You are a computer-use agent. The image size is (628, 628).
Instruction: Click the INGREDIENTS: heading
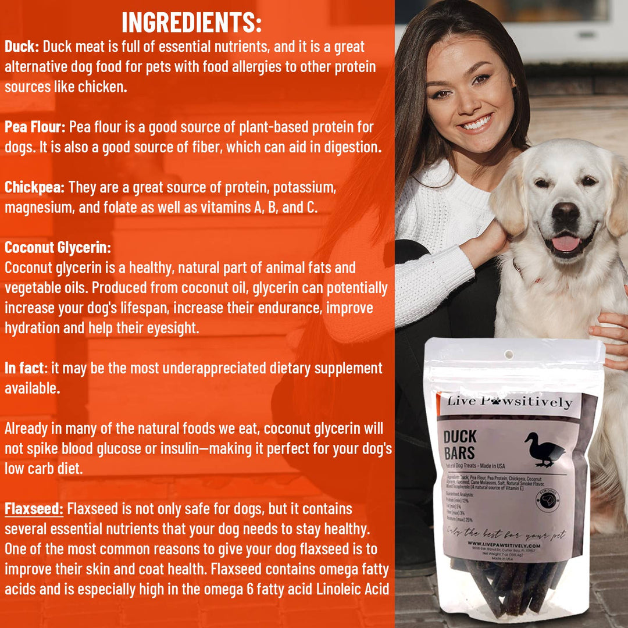[191, 22]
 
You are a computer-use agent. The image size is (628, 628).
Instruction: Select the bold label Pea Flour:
[36, 127]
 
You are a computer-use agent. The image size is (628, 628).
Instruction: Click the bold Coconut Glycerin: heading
[58, 247]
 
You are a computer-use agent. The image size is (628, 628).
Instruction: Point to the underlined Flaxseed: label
[34, 509]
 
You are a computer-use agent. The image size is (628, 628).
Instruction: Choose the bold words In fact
[24, 368]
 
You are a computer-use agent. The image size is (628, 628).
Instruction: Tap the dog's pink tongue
[565, 243]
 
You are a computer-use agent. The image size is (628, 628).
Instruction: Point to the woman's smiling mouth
[476, 123]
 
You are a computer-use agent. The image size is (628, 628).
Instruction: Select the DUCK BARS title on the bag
[459, 444]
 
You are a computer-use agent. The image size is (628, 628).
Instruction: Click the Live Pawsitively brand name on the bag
[509, 401]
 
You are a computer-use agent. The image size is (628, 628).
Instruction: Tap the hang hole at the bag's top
[510, 354]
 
